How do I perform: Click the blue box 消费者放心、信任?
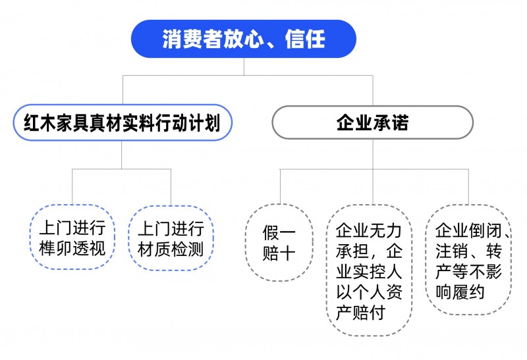[243, 39]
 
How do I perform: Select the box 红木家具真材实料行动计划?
[123, 123]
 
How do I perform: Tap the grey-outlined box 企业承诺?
[372, 123]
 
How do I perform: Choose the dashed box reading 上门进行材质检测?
[171, 239]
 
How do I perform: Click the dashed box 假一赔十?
[279, 243]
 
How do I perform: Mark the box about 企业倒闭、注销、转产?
[468, 260]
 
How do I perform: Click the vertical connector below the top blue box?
[243, 66]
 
